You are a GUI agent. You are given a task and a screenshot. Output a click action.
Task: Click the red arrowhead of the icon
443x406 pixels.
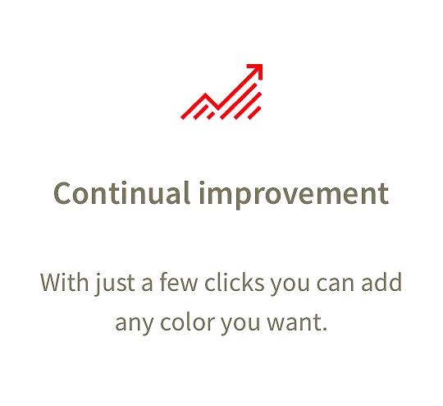258,69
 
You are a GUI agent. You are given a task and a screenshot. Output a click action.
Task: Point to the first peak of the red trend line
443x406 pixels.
205,95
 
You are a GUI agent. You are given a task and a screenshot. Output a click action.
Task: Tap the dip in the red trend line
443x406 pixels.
217,108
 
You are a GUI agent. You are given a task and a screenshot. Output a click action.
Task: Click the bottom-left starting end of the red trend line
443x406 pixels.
182,118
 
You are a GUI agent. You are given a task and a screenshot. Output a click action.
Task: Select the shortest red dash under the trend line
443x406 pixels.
211,116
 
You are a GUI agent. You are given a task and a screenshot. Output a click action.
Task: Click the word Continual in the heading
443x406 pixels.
121,193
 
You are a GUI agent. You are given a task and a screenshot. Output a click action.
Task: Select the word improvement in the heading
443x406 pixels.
295,195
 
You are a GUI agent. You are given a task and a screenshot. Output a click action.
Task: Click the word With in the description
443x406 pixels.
64,282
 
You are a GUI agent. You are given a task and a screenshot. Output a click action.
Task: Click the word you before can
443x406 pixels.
290,285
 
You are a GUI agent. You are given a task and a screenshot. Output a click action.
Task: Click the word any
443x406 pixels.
135,325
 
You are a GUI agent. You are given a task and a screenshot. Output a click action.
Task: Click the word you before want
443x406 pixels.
240,325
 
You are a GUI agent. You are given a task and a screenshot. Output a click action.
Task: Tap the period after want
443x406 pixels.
324,329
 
